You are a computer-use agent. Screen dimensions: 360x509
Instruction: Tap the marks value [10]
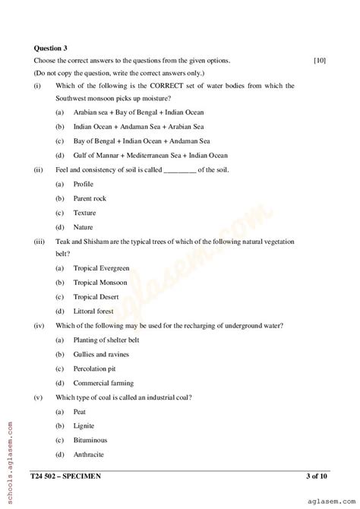point(320,60)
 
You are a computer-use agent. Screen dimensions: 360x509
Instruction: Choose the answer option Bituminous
point(90,440)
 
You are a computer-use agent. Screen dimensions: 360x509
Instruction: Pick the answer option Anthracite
point(90,454)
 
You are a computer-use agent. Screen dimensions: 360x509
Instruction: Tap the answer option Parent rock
point(90,198)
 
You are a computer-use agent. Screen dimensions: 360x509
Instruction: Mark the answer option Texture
point(85,213)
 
